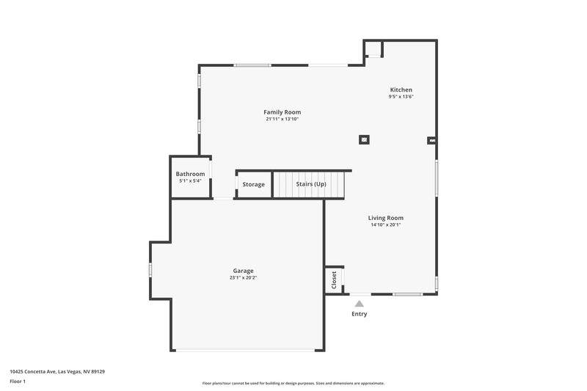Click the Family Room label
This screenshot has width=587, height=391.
coord(282,112)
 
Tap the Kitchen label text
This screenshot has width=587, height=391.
coord(401,89)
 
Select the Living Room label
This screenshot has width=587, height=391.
coord(385,218)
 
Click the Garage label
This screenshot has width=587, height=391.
coord(243,271)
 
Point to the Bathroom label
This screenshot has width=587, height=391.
coord(190,174)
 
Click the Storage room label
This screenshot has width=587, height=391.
coord(253,184)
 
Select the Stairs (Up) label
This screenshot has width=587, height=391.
coord(311,184)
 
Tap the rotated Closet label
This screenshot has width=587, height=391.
coord(334,279)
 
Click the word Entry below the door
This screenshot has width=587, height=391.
coord(359,314)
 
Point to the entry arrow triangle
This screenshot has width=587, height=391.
coord(359,302)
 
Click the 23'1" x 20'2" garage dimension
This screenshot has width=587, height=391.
coord(243,278)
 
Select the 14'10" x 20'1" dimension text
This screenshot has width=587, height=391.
coord(385,225)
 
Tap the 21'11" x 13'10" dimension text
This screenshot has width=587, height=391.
coord(282,119)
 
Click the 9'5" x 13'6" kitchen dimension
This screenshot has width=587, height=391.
coord(401,97)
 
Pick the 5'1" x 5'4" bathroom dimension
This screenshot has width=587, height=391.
coord(190,180)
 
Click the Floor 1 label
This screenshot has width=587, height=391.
coord(18,381)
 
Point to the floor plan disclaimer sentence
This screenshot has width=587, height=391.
coord(293,383)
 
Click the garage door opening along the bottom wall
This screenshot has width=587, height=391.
coord(247,350)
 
